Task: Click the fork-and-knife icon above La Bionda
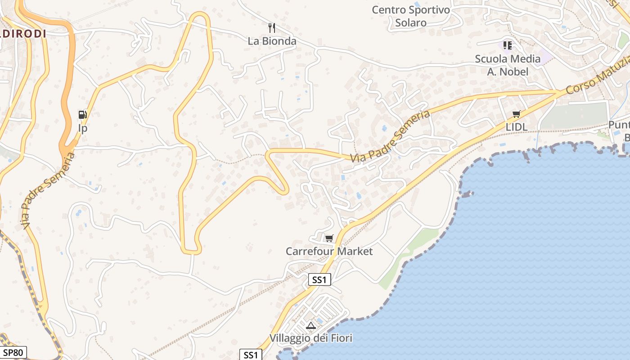pos(271,28)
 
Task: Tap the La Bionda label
pos(272,41)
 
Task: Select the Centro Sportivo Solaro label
pos(411,16)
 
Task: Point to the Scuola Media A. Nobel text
pos(508,65)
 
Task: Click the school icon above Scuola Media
pos(508,45)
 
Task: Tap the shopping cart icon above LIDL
pos(516,114)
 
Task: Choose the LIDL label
pos(516,127)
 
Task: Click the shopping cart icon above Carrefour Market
pos(329,238)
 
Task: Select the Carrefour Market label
pos(329,251)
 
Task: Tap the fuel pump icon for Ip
pos(82,115)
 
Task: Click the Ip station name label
pos(82,128)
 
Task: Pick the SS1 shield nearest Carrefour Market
pos(319,280)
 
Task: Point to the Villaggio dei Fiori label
pos(310,338)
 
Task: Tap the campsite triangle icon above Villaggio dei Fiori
pos(310,325)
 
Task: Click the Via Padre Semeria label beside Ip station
pos(47,190)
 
